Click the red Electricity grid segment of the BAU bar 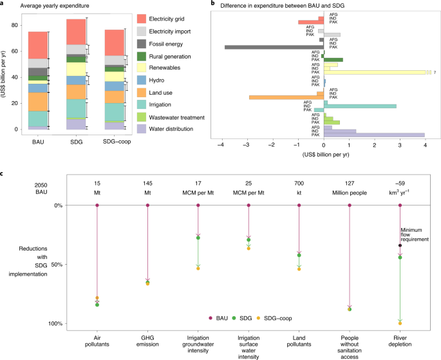[38, 45]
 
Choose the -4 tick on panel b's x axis [222, 146]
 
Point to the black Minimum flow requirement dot [400, 245]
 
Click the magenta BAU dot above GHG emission [148, 205]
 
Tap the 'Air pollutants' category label [97, 339]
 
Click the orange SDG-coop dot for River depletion [400, 323]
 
